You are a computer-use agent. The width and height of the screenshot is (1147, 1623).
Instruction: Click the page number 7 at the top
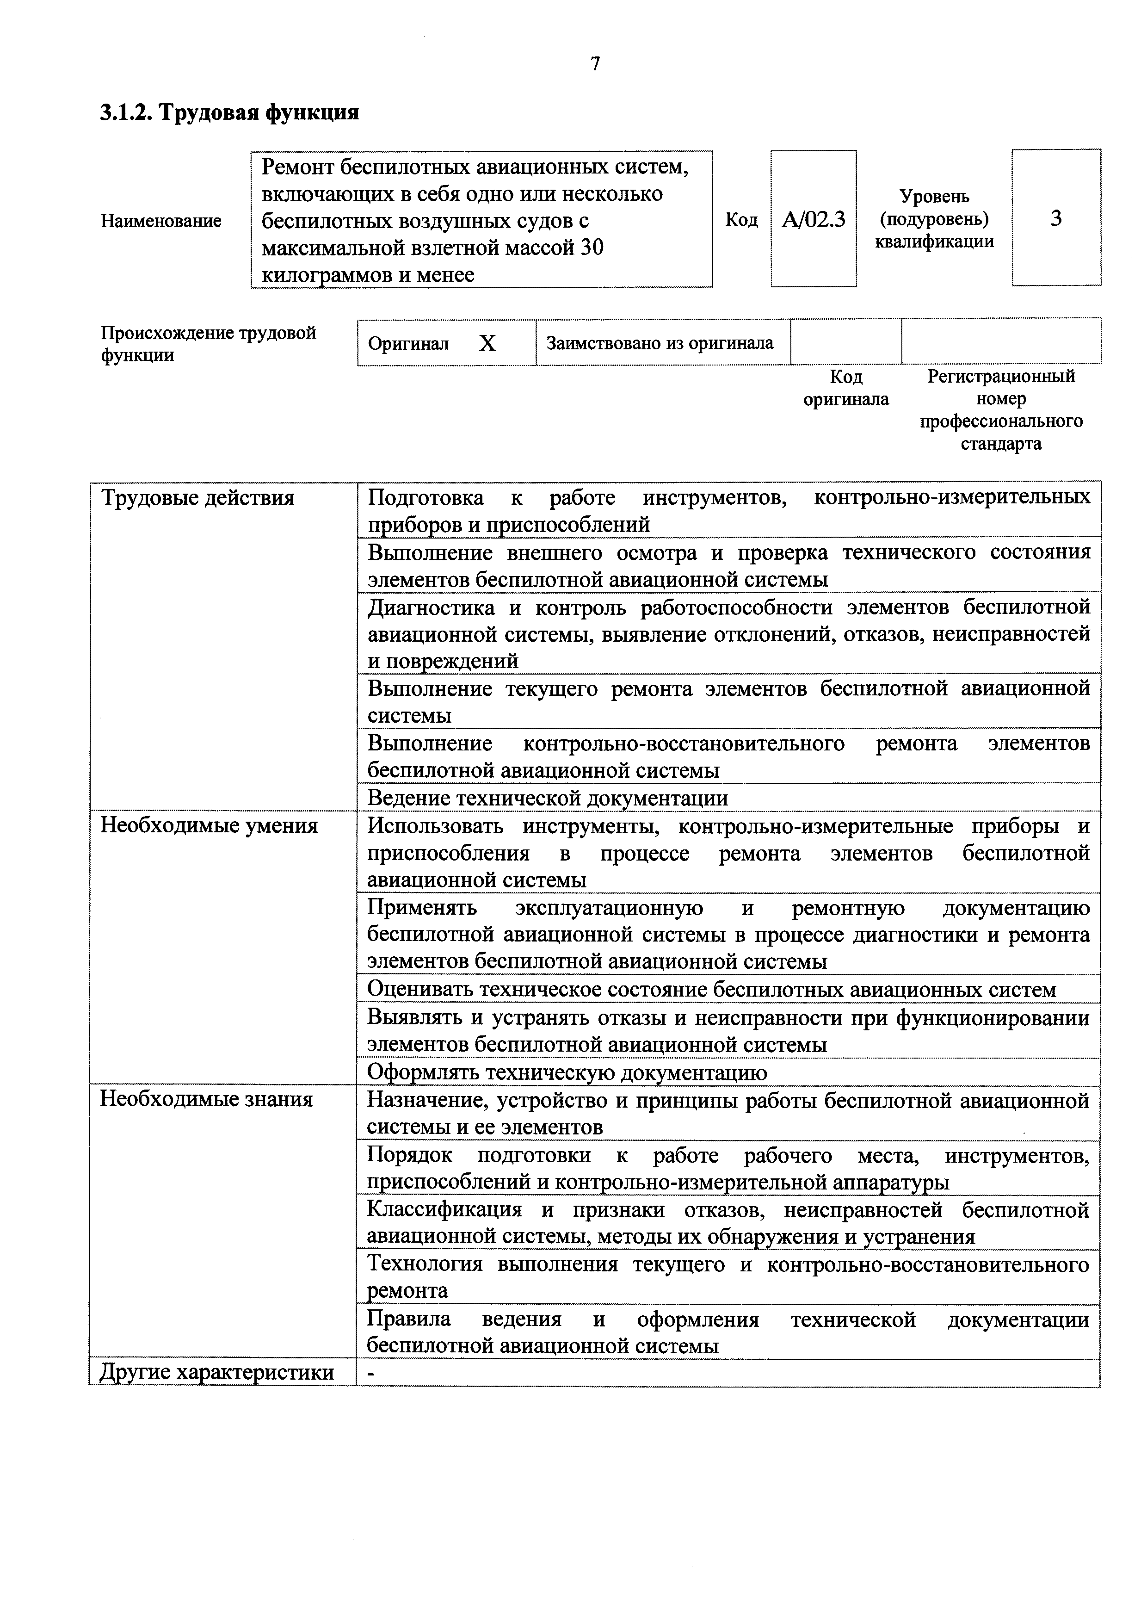595,64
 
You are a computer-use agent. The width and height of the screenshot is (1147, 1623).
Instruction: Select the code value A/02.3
814,219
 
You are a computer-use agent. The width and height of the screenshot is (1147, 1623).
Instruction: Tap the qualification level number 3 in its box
1056,218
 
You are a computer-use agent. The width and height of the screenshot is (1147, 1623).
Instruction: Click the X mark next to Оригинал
487,344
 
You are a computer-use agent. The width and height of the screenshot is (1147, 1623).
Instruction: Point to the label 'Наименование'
161,221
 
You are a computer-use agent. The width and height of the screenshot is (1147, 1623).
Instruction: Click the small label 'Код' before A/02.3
741,220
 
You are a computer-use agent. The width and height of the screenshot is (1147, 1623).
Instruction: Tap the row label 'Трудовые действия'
198,498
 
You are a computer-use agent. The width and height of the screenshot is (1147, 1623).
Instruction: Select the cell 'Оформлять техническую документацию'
567,1072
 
